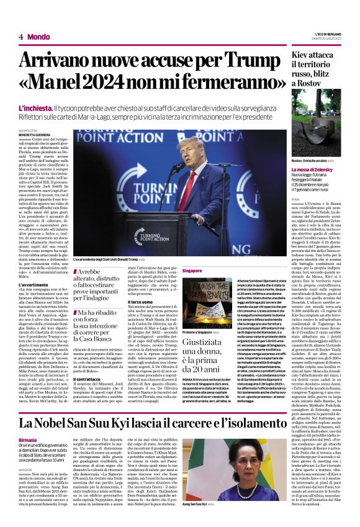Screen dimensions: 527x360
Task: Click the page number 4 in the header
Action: pyautogui.click(x=20, y=37)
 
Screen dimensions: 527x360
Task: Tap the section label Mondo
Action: pyautogui.click(x=38, y=37)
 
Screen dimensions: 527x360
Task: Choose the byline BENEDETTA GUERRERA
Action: pyautogui.click(x=35, y=133)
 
